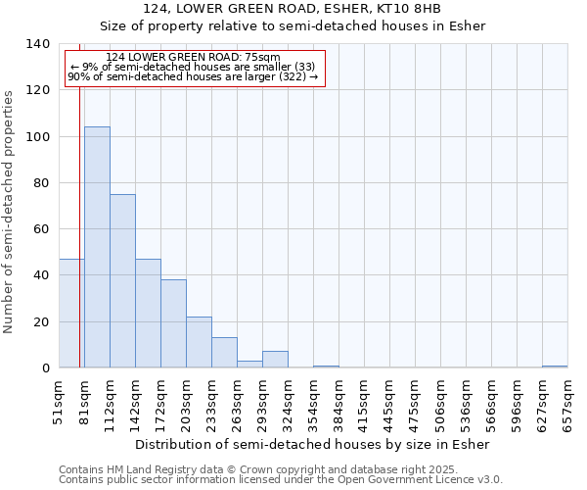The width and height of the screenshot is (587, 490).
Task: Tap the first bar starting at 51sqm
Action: pos(71,314)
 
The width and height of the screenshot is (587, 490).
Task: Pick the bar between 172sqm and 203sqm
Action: pos(173,323)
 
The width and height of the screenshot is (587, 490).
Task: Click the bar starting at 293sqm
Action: pos(275,360)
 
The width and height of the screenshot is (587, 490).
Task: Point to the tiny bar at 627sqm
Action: pos(555,367)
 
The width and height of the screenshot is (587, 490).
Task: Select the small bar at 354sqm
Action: pos(326,367)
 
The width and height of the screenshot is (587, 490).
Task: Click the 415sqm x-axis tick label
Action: pos(364,403)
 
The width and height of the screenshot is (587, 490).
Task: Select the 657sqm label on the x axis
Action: pos(567,403)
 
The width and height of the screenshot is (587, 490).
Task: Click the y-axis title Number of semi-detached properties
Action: pos(10,211)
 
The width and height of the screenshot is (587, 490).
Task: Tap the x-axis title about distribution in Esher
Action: pos(311,444)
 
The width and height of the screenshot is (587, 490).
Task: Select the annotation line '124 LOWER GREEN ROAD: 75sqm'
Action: pos(193,57)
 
